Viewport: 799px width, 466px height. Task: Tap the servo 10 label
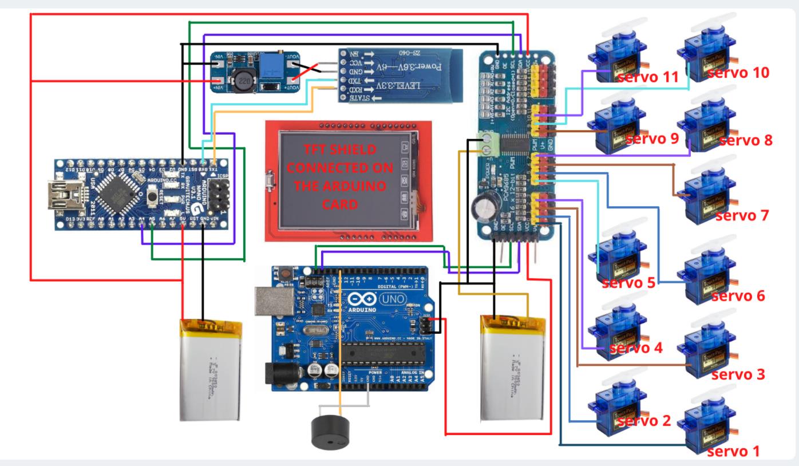pos(738,73)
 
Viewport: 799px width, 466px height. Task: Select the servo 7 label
pos(742,216)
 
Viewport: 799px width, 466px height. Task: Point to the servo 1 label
pos(733,451)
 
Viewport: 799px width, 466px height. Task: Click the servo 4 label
pos(636,348)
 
